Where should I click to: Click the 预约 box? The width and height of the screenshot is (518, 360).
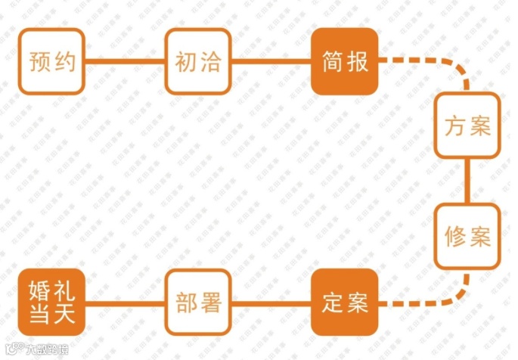[51, 61]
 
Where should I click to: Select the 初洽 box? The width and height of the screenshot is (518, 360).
[197, 61]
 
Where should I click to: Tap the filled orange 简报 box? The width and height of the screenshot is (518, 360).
[344, 61]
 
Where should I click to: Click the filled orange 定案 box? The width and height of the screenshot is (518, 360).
[344, 303]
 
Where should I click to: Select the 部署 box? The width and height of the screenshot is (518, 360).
[197, 303]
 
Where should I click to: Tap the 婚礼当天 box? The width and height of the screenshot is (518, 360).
[51, 303]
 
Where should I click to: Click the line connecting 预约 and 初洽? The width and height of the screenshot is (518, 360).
[124, 61]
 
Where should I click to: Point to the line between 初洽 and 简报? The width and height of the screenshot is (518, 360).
[270, 61]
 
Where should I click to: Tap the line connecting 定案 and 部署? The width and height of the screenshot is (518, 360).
[270, 303]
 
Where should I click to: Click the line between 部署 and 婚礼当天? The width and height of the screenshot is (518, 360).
[124, 303]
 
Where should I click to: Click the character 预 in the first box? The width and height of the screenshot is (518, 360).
[39, 61]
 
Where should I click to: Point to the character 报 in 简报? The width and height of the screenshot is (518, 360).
[357, 61]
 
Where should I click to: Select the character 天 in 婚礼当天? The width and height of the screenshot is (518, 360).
[64, 314]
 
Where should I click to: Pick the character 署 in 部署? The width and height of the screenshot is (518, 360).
[210, 303]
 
